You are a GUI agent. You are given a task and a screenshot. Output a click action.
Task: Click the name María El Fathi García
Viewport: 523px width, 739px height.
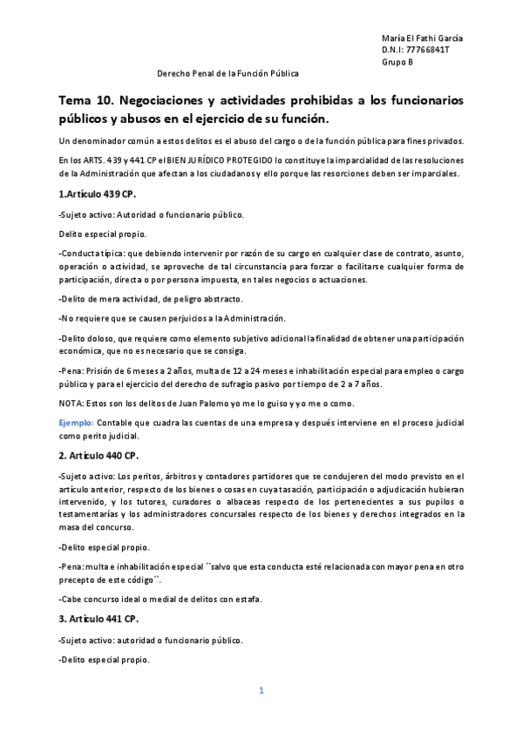[x=423, y=39]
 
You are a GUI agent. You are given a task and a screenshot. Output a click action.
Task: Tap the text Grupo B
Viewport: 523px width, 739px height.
[x=397, y=62]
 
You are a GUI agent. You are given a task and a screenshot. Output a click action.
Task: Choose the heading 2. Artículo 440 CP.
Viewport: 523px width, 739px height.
[x=98, y=455]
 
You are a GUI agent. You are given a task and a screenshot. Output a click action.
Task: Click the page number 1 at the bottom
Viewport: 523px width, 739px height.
[x=261, y=691]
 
